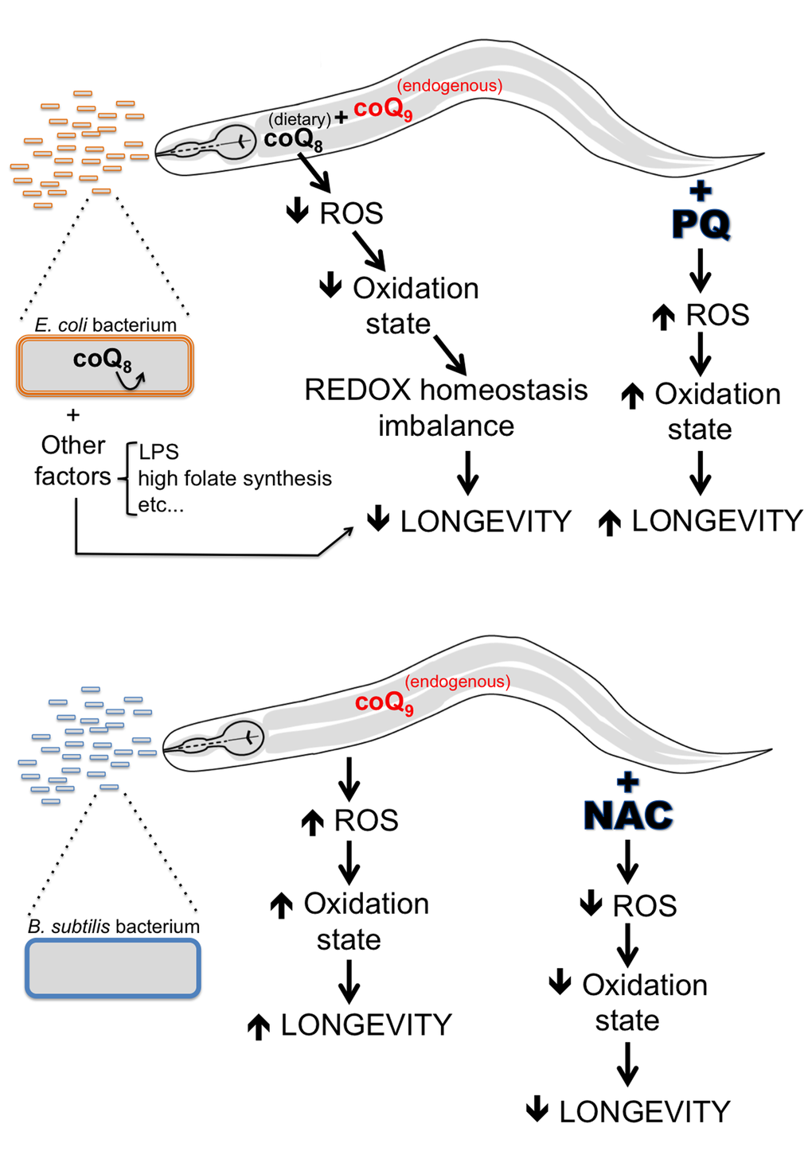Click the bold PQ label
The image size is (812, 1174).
[x=701, y=224]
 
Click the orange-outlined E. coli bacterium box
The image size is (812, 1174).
[x=104, y=366]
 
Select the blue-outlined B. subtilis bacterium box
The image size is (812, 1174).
[x=113, y=968]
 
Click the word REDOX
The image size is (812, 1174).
[x=357, y=390]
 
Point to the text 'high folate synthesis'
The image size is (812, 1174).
[x=235, y=478]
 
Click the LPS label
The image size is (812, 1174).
[x=158, y=452]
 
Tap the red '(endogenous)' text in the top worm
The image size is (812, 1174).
[x=449, y=85]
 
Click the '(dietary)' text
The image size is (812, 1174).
[x=299, y=119]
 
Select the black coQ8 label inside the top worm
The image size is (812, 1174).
[x=293, y=140]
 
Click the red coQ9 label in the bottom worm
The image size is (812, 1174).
[x=384, y=702]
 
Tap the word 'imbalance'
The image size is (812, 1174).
[x=446, y=426]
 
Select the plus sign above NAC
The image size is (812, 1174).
[x=628, y=781]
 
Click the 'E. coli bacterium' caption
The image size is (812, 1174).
[x=105, y=325]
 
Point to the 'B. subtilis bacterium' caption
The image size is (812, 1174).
[x=114, y=926]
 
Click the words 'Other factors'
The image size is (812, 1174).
[x=73, y=461]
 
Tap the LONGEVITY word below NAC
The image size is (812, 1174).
[x=644, y=1111]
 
